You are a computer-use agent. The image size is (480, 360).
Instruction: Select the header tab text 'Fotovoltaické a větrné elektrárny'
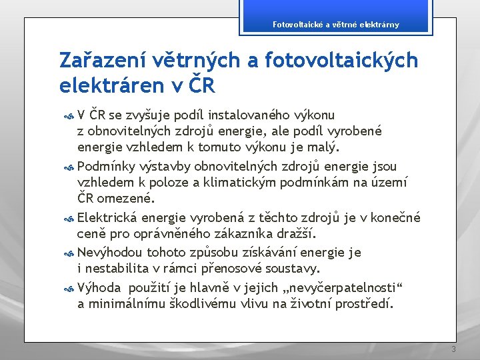click(336, 25)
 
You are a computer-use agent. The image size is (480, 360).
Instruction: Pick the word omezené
click(125, 198)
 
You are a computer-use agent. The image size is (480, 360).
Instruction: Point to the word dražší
click(297, 233)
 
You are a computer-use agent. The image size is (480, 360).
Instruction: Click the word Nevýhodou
click(109, 252)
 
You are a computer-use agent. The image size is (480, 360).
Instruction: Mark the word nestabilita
click(120, 269)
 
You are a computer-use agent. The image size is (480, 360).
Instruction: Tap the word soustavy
click(293, 269)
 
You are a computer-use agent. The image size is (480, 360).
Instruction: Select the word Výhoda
click(99, 287)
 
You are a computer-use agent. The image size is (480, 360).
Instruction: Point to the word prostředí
click(365, 304)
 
